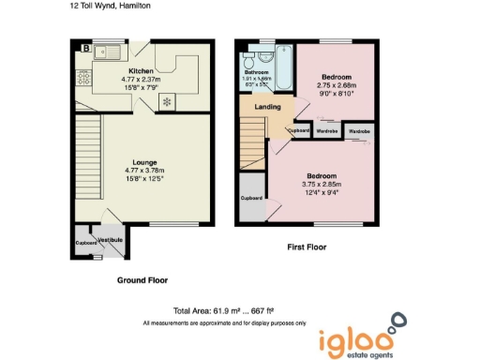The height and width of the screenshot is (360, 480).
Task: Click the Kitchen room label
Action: click(x=140, y=70)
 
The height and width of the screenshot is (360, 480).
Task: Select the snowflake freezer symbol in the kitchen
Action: click(x=168, y=101)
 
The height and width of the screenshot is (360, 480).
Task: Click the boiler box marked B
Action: click(x=86, y=48)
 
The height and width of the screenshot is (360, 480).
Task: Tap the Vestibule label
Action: click(x=111, y=241)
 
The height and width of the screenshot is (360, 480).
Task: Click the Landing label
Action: click(x=267, y=106)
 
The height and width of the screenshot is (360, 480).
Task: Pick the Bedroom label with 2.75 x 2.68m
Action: click(x=336, y=76)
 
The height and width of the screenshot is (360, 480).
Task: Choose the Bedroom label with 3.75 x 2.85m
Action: click(x=321, y=176)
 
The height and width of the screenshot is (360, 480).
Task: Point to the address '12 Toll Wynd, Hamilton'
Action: click(x=110, y=6)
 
